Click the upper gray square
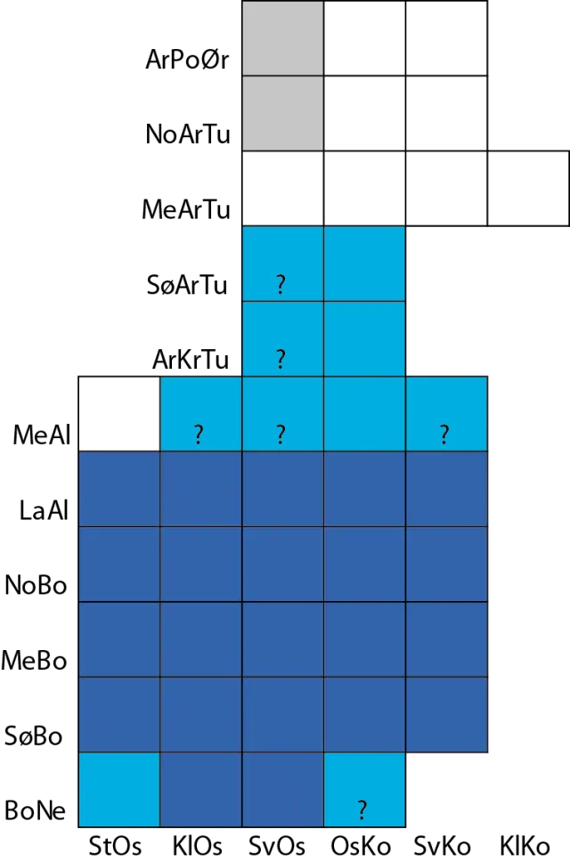(x=283, y=38)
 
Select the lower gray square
(x=283, y=113)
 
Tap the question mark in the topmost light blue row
(x=281, y=285)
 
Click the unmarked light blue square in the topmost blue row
(x=364, y=264)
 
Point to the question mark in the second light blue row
(x=281, y=359)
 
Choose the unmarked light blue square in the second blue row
(x=364, y=338)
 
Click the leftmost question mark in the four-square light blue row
(x=198, y=435)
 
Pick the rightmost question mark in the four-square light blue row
(x=444, y=435)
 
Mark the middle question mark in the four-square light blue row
(x=281, y=435)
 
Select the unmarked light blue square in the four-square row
(x=364, y=413)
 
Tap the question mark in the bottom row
(x=362, y=810)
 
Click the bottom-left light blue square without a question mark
(x=119, y=789)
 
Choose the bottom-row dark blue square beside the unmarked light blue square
(x=200, y=789)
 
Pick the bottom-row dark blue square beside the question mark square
(x=282, y=789)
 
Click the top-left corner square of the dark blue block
(x=119, y=489)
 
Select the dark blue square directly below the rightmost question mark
(x=447, y=489)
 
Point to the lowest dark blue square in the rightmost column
(x=447, y=714)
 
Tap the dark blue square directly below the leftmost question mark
(x=200, y=489)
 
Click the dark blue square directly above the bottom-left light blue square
(x=119, y=714)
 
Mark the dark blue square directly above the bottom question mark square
(x=364, y=714)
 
